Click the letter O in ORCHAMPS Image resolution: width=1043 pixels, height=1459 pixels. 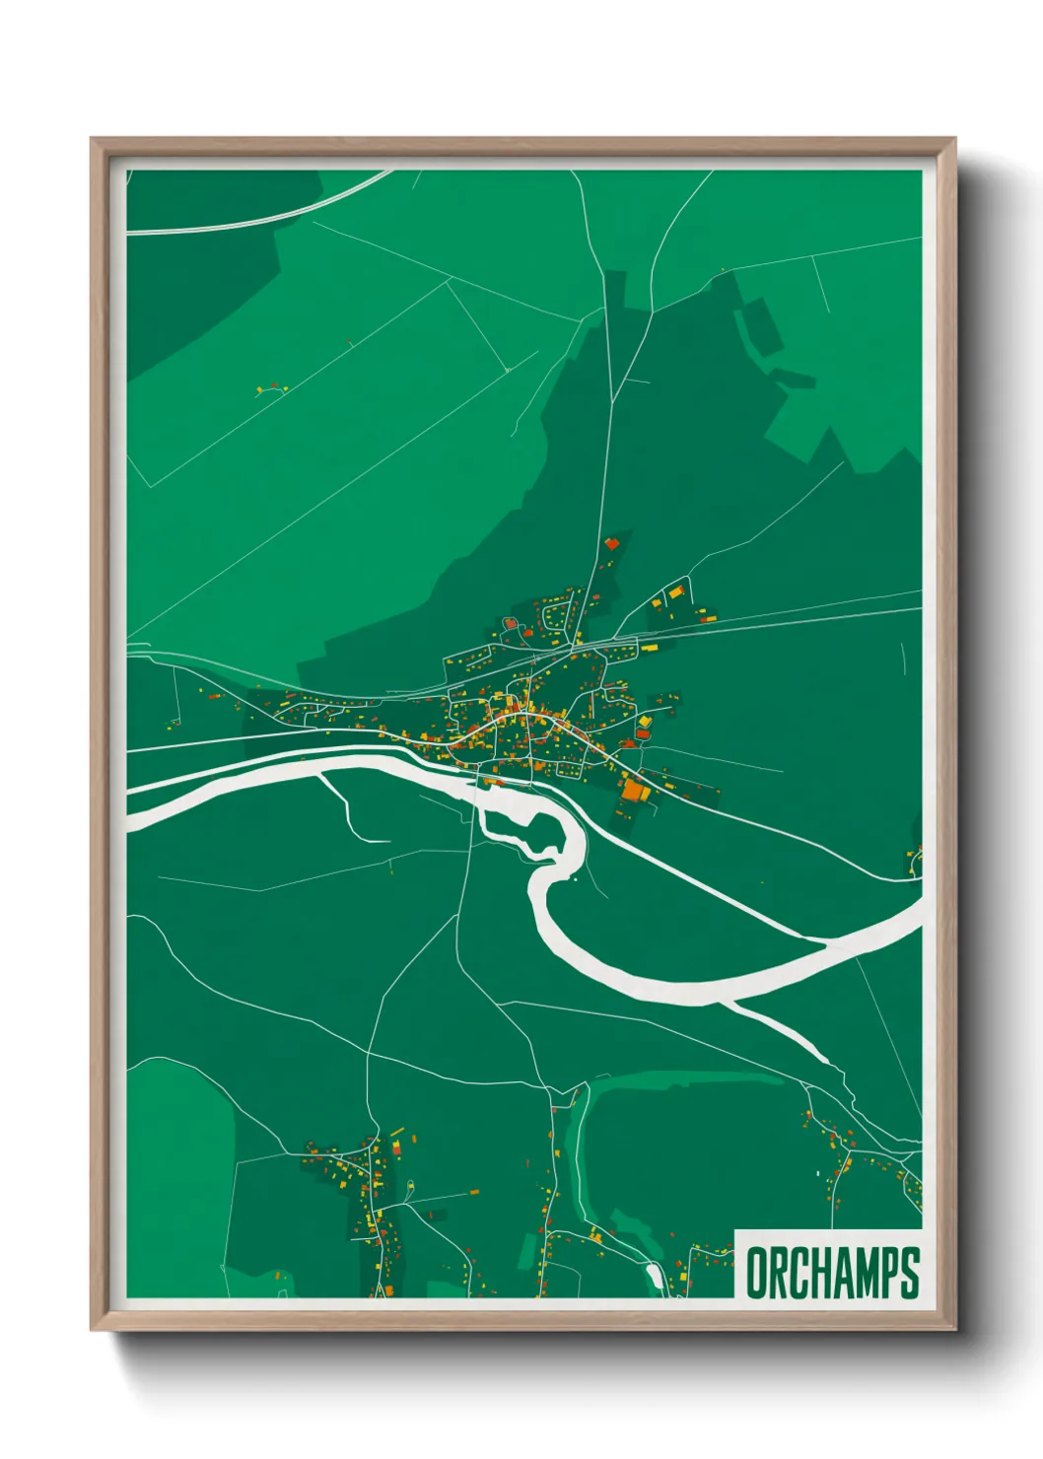(x=757, y=1273)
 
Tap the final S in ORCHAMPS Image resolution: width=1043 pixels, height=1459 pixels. (x=909, y=1273)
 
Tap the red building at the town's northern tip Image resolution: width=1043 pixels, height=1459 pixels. (x=611, y=542)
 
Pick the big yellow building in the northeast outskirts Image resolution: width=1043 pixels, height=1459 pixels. (x=676, y=592)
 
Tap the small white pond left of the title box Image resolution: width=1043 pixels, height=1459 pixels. (x=654, y=1277)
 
